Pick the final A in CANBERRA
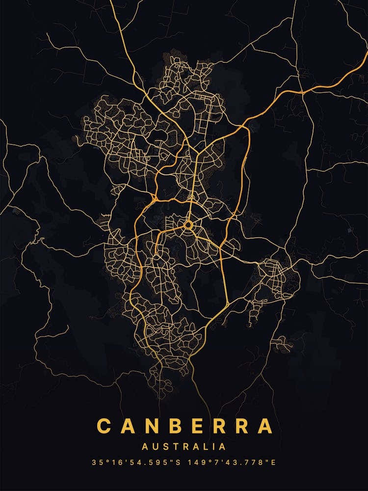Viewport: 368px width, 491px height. [265, 426]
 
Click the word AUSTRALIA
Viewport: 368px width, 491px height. [184, 447]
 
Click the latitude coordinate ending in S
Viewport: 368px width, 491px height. [135, 463]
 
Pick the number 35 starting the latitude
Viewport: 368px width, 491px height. [95, 463]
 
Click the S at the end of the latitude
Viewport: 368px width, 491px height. [177, 463]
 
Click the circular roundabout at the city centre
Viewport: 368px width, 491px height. [188, 225]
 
